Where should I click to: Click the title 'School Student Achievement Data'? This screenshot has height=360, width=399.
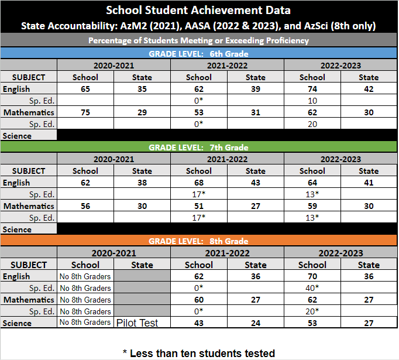click(199, 11)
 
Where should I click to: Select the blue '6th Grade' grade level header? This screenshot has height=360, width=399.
click(199, 53)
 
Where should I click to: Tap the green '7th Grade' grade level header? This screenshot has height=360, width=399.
click(199, 147)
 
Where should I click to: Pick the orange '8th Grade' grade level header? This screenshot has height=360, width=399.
click(199, 241)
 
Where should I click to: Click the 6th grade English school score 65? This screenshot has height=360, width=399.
click(85, 89)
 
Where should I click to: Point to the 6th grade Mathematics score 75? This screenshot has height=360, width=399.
click(85, 112)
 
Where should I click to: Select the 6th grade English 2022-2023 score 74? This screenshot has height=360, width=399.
click(312, 89)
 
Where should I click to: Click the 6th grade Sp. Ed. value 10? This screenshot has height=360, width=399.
click(312, 101)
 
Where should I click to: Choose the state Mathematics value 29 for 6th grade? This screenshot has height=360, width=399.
click(142, 112)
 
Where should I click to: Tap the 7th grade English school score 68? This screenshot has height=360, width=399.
click(198, 183)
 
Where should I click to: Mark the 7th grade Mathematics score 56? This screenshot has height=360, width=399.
click(85, 206)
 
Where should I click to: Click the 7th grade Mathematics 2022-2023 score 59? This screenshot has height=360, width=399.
click(312, 206)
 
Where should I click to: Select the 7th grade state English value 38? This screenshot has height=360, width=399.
click(142, 183)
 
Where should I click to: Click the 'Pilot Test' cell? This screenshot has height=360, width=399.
click(137, 323)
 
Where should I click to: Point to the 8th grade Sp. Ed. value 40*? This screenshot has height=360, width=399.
click(312, 288)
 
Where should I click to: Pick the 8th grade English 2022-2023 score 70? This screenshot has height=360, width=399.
click(312, 276)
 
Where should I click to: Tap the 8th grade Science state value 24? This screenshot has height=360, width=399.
click(255, 323)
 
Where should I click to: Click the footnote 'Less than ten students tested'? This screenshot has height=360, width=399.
click(199, 353)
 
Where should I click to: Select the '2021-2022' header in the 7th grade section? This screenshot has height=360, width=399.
click(227, 159)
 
